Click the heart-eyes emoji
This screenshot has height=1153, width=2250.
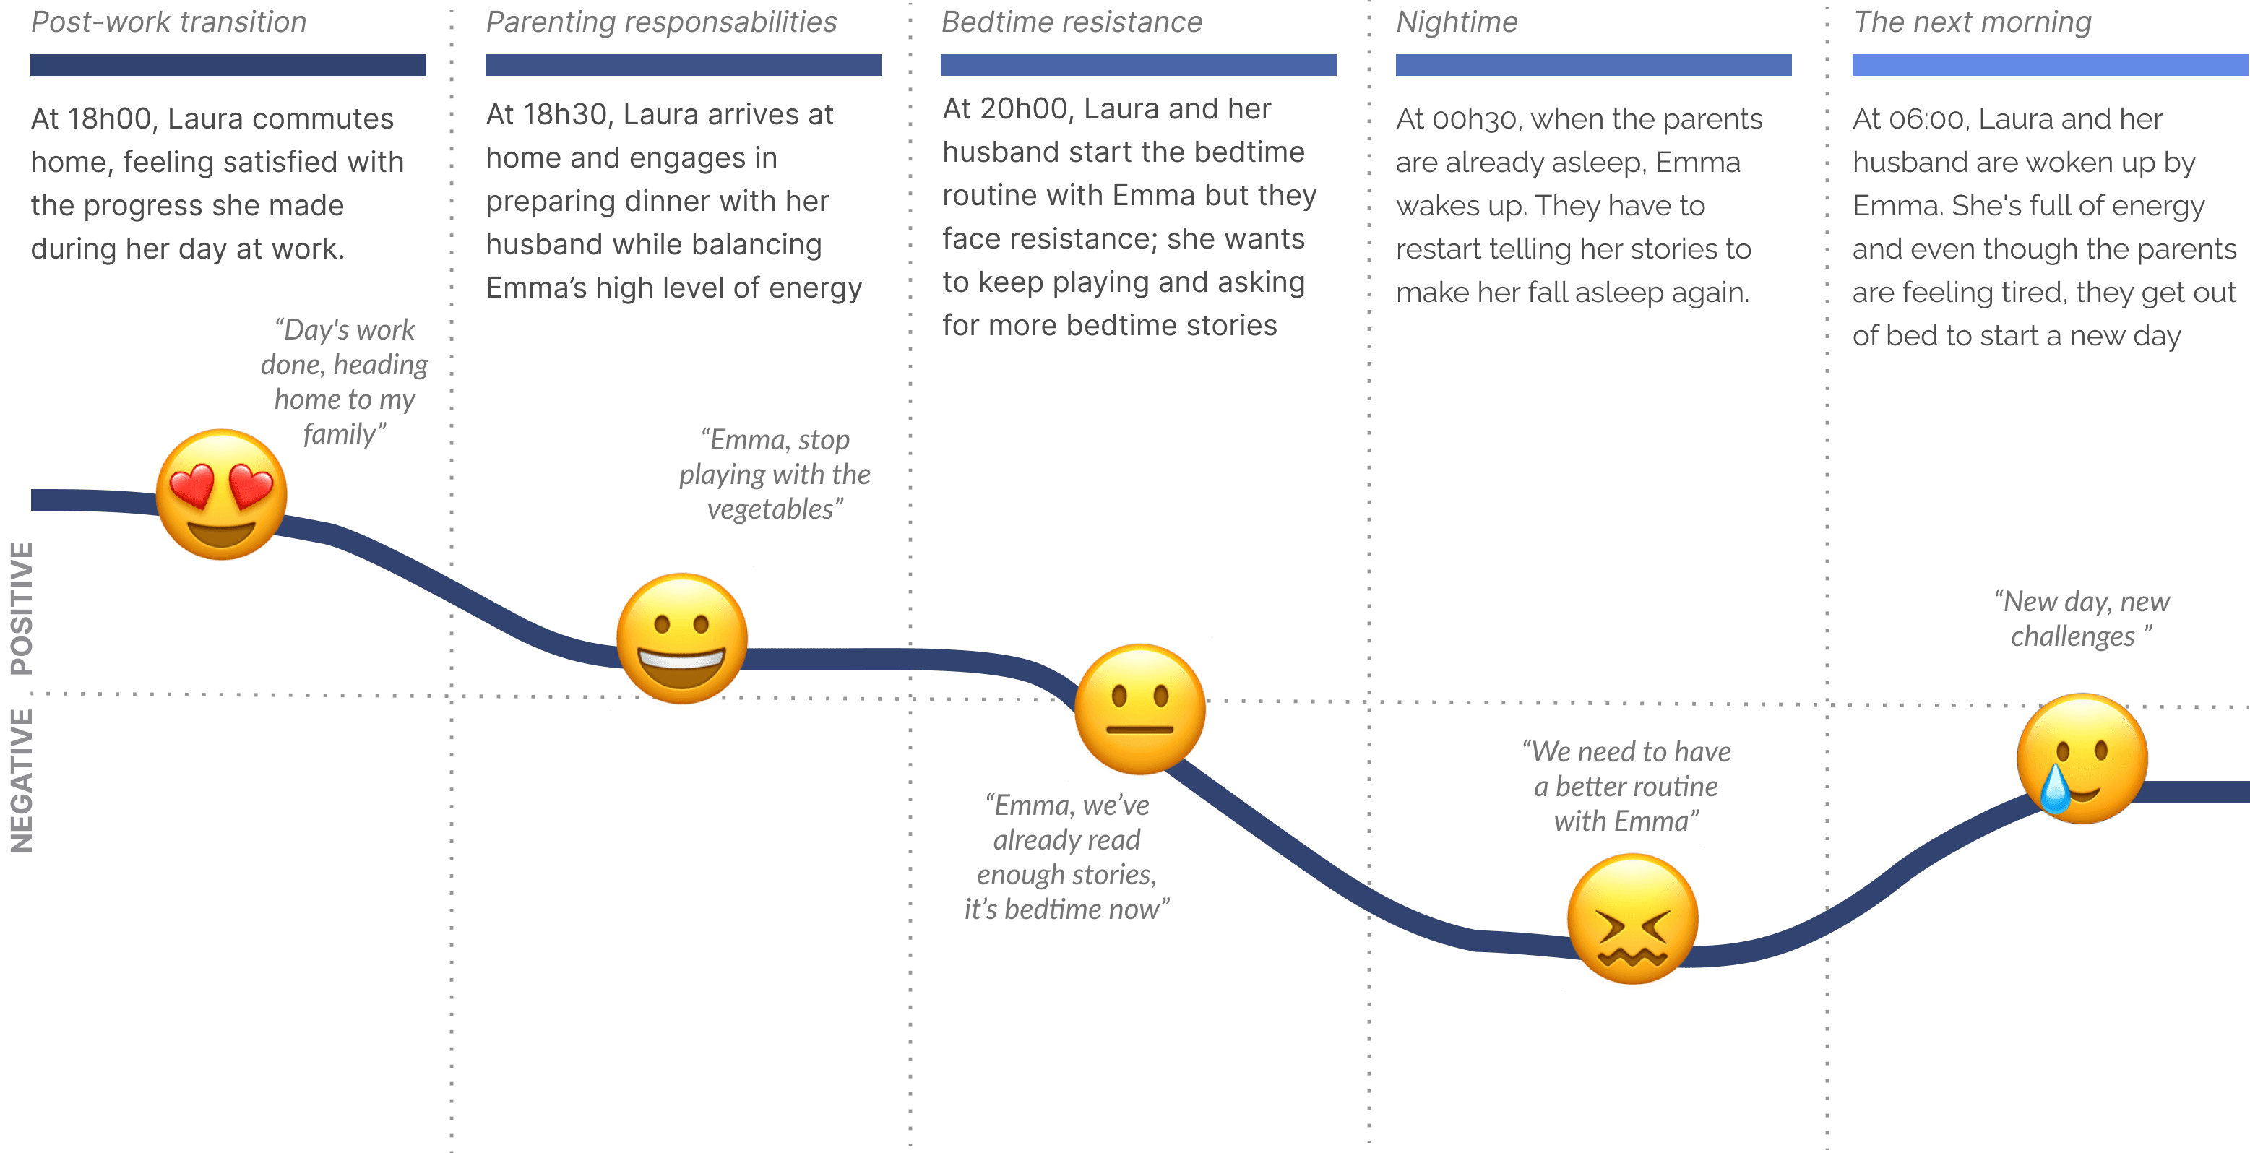click(222, 494)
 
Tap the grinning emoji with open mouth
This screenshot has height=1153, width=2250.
click(682, 639)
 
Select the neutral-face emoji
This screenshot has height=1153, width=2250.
click(1140, 710)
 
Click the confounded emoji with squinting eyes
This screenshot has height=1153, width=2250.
click(1632, 920)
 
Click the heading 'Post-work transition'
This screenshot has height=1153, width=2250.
click(168, 22)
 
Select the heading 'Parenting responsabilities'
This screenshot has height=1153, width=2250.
click(661, 22)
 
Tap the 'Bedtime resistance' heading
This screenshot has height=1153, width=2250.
click(1072, 22)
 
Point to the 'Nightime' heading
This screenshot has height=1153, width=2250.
click(1457, 22)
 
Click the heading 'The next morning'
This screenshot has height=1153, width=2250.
click(1973, 22)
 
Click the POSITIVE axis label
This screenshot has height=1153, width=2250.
click(22, 609)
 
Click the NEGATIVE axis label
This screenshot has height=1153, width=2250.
click(22, 781)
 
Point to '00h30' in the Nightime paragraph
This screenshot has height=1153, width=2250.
click(1475, 118)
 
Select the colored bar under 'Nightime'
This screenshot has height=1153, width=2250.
click(1593, 64)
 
